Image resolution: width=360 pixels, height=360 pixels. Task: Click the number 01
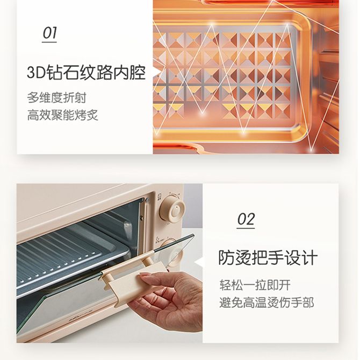pyautogui.click(x=49, y=33)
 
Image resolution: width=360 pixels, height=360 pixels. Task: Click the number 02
pyautogui.click(x=246, y=219)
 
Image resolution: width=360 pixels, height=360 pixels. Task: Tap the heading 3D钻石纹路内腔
pyautogui.click(x=87, y=73)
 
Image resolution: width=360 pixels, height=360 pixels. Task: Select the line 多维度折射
pyautogui.click(x=56, y=98)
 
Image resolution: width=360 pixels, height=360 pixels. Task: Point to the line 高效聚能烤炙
pyautogui.click(x=62, y=115)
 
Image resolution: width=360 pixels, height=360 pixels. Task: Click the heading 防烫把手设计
pyautogui.click(x=268, y=257)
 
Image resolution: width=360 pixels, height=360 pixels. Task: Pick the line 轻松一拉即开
pyautogui.click(x=255, y=285)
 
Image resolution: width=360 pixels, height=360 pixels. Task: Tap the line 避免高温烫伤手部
pyautogui.click(x=267, y=303)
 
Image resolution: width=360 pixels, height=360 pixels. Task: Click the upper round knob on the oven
pyautogui.click(x=173, y=210)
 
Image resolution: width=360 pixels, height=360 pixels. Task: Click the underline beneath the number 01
pyautogui.click(x=49, y=42)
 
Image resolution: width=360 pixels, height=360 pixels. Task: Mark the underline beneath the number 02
pyautogui.click(x=246, y=228)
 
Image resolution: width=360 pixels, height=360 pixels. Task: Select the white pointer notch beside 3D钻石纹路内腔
pyautogui.click(x=157, y=72)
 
